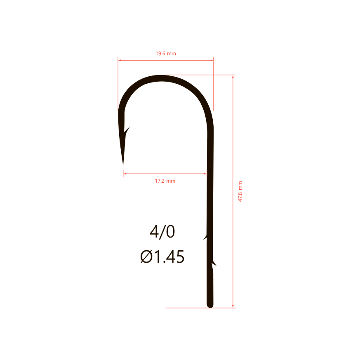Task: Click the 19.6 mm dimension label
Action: pos(166,54)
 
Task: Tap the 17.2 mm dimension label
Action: pos(165,181)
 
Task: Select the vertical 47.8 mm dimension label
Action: pos(240,191)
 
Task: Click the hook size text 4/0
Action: pos(162,231)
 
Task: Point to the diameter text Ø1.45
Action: pos(162,256)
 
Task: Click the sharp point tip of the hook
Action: pos(123,165)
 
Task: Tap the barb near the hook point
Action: pos(127,130)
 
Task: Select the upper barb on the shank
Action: pos(205,238)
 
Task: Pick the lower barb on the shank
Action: pos(214,263)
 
